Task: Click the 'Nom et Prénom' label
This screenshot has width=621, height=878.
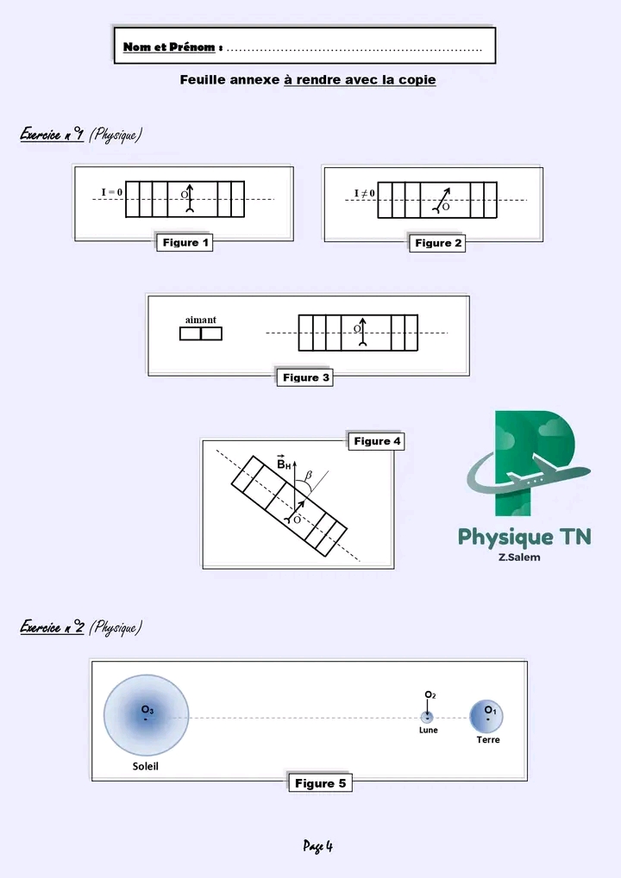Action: click(x=169, y=47)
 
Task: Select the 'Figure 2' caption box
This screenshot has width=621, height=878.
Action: click(x=438, y=243)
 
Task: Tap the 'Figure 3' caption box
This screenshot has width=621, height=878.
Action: click(x=306, y=377)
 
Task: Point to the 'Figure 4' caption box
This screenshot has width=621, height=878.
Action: click(x=377, y=441)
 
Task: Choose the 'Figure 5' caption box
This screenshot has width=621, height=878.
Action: click(x=320, y=783)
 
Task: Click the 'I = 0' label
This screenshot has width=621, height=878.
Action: click(x=110, y=191)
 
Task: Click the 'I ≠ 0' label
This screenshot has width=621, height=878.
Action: click(x=364, y=192)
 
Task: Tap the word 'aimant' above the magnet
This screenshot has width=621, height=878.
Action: click(x=201, y=320)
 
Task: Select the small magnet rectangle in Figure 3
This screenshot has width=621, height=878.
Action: click(x=201, y=333)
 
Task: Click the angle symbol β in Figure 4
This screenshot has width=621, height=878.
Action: click(x=309, y=475)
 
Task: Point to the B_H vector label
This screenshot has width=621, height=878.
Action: click(x=283, y=464)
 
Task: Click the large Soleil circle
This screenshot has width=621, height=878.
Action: click(x=147, y=717)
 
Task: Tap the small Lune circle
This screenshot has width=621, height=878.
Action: click(x=427, y=717)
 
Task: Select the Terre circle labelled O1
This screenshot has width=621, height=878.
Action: click(x=487, y=716)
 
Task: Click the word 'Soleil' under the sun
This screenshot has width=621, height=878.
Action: click(x=145, y=766)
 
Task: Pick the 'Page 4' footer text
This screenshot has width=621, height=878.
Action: click(x=317, y=846)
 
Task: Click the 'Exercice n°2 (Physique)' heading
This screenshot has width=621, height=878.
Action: click(x=80, y=627)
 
